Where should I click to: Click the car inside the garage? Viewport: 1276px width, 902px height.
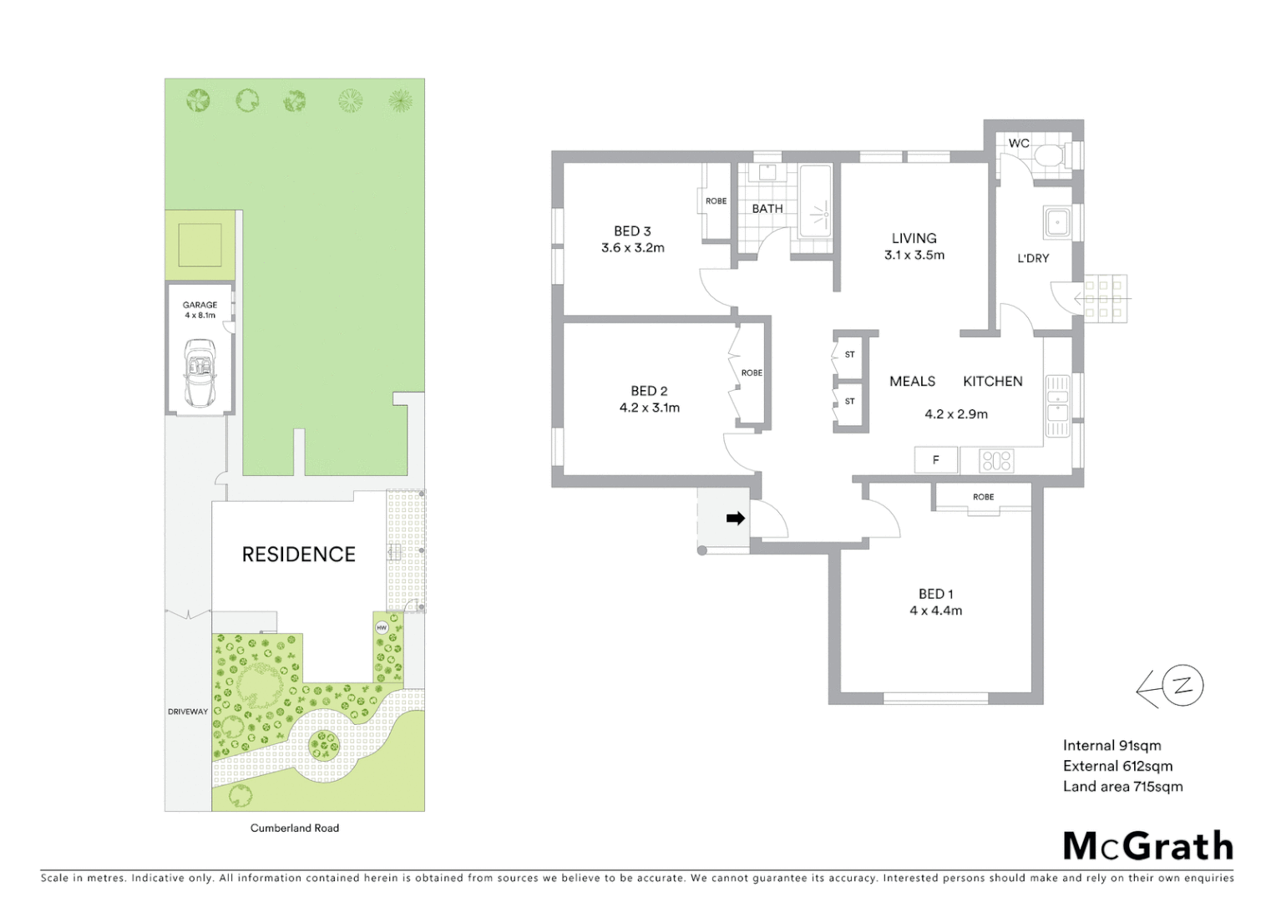pos(200,372)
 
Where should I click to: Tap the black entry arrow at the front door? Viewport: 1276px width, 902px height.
pos(735,519)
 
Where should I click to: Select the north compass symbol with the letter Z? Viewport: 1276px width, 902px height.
pos(1182,686)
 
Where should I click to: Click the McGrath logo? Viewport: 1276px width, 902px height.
pos(1147,845)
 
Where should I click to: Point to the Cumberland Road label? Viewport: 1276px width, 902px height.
pos(295,828)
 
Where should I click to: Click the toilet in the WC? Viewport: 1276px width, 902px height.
pos(1049,156)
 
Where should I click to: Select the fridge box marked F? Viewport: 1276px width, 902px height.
pos(935,459)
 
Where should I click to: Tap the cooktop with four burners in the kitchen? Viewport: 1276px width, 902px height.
pos(996,460)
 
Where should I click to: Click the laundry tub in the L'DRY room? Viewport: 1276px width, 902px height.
pos(1057,223)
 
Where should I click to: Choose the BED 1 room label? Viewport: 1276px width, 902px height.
pos(935,594)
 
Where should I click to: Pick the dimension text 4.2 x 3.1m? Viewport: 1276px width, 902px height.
pos(649,408)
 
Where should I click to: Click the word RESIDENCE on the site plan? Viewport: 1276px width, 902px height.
pos(298,554)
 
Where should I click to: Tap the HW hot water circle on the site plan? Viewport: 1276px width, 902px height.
pos(382,627)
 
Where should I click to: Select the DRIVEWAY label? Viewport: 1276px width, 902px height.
pos(188,712)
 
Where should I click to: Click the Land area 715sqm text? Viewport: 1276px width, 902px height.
pos(1122,786)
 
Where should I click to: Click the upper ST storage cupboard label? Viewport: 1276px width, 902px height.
pos(849,354)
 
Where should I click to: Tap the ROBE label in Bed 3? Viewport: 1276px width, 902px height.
pos(716,200)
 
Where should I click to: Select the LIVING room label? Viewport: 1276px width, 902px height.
pos(914,238)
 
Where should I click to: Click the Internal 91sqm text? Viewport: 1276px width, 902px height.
pos(1111,745)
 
